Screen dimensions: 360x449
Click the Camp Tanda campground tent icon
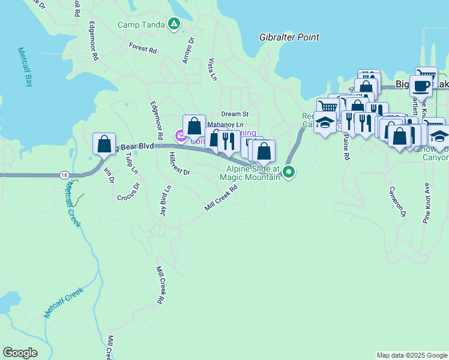coord(173,25)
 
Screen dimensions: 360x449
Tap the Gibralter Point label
coord(289,37)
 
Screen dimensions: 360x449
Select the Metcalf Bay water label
coord(25,67)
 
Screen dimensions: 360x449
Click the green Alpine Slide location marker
coord(289,172)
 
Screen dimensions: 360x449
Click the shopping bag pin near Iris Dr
coord(104,145)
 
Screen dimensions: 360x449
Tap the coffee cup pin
coord(421,86)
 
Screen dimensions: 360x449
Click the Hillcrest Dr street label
coord(179,164)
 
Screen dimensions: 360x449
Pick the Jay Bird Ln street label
coord(164,200)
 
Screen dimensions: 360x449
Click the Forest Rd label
coord(142,47)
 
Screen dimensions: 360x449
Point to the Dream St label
coord(234,113)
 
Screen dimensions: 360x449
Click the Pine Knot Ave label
coord(426,203)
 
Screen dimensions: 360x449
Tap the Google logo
coord(20,353)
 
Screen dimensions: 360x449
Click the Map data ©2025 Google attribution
coord(412,356)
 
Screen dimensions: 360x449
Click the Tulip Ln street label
coord(131,163)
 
